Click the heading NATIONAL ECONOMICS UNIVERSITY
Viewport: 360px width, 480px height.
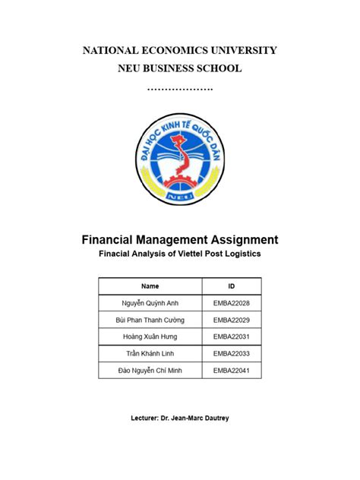[179, 51]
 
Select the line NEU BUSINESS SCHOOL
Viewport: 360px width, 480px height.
[179, 69]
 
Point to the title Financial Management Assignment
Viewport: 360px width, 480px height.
[180, 239]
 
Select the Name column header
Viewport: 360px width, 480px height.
[150, 286]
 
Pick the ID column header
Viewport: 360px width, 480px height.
[232, 286]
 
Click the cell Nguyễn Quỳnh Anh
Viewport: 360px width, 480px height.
[150, 304]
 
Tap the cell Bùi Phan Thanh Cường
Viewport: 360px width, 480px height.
[150, 321]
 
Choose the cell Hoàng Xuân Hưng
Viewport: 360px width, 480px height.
[150, 337]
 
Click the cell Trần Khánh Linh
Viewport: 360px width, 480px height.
[150, 354]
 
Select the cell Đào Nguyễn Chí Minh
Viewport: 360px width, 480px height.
[150, 371]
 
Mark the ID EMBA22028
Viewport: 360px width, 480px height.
[232, 304]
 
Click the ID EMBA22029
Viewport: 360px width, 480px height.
[232, 321]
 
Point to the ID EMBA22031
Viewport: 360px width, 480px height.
[232, 337]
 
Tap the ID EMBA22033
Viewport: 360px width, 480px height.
[232, 354]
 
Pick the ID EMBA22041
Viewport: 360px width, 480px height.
[232, 371]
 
